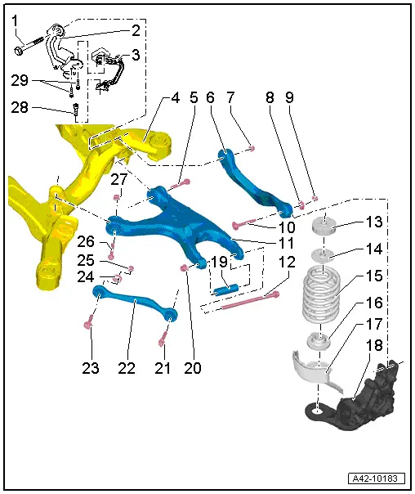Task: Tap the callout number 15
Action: (375, 276)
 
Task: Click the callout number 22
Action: (126, 369)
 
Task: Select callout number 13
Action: (375, 223)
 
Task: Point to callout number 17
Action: (375, 324)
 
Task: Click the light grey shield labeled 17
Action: (313, 364)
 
